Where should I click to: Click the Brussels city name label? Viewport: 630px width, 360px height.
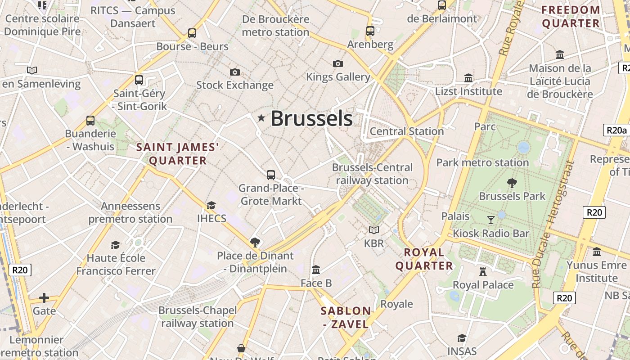311,119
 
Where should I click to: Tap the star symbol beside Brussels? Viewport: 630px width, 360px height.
261,118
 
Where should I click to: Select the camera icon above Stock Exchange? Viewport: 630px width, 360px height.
234,72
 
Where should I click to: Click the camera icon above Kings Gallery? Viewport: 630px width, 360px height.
338,63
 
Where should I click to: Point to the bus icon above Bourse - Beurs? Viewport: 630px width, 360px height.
192,33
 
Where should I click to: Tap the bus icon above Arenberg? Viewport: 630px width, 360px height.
370,31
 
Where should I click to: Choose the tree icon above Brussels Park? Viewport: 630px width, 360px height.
512,183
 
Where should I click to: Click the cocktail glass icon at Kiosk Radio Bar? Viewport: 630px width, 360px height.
491,220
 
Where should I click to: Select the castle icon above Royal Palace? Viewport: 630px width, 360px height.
483,271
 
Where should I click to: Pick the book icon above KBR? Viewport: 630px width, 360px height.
374,230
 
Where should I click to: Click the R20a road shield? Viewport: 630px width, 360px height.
616,130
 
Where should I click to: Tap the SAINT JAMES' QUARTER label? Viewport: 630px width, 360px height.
178,154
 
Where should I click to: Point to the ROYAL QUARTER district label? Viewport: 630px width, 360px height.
424,259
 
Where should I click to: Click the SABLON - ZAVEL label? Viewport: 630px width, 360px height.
346,317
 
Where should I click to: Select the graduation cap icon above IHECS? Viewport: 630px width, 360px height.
211,205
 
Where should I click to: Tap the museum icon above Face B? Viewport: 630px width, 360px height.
316,270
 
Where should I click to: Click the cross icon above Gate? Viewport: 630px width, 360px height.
44,297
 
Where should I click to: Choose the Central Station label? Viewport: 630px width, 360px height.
407,131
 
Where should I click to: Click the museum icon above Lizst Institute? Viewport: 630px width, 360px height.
468,78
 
